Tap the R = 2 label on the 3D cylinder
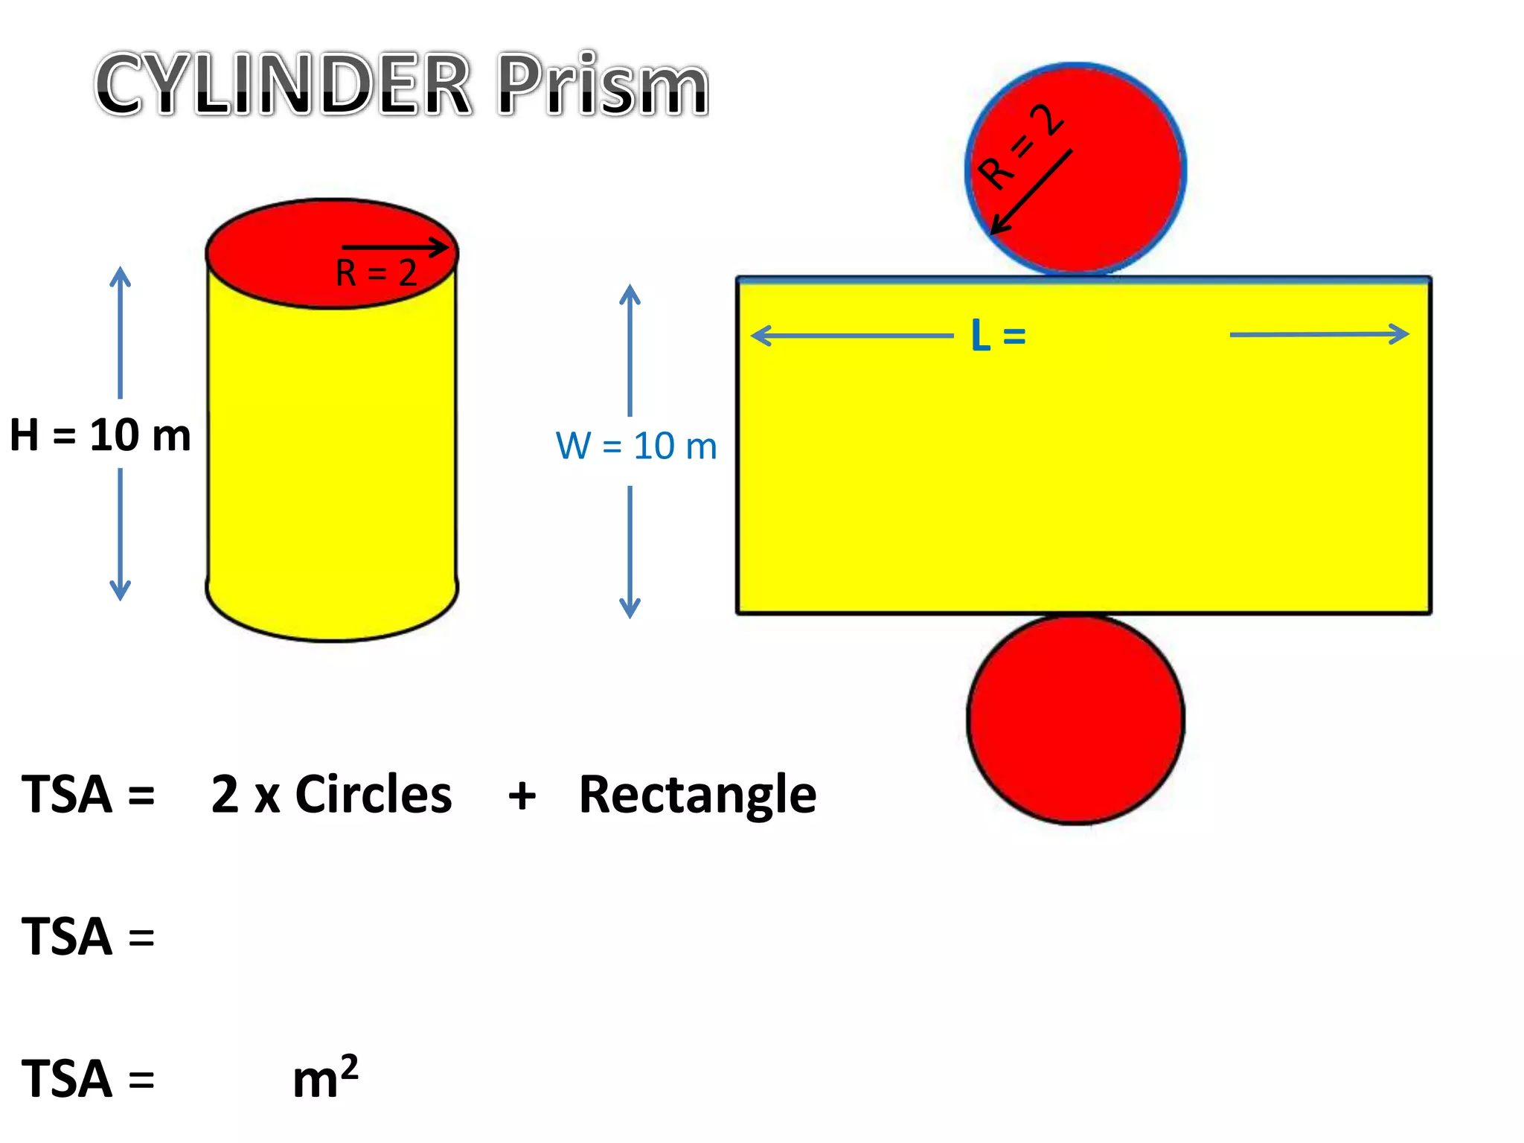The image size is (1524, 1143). point(376,273)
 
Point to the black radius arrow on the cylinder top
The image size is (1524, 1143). point(394,247)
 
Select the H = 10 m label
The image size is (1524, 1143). point(100,435)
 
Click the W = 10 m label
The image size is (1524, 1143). point(636,446)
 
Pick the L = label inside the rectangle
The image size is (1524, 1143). point(998,336)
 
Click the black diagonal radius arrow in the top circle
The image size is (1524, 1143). point(1031,192)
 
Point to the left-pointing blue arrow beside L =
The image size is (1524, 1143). point(851,336)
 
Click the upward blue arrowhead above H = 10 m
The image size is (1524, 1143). point(120,277)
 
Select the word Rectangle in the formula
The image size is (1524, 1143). point(697,795)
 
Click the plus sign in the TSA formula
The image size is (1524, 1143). point(522,795)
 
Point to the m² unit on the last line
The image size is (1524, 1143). point(325,1078)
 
